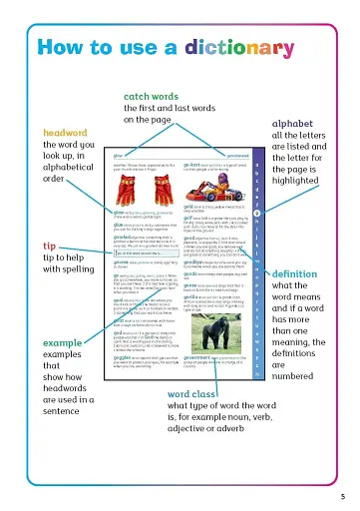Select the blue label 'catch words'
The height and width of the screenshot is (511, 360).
[150, 96]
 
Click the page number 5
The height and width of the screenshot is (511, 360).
[342, 496]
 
